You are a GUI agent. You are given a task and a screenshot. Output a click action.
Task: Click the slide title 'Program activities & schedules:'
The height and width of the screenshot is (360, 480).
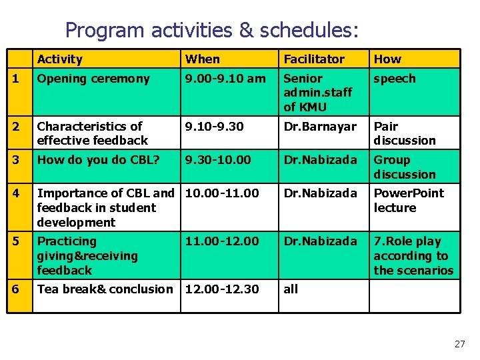tap(212, 30)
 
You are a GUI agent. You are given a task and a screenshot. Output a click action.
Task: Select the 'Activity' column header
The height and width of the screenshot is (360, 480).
tap(60, 59)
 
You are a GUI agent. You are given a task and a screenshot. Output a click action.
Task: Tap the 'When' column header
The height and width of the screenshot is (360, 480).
tap(203, 59)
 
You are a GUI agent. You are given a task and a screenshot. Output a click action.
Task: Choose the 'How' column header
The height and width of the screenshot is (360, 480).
tap(387, 59)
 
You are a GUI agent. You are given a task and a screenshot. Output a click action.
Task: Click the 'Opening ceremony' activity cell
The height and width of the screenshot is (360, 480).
tap(93, 79)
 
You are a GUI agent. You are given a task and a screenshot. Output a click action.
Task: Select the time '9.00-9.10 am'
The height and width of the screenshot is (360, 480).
tap(225, 79)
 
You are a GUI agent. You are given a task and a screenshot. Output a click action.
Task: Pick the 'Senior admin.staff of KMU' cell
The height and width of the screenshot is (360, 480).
tap(318, 93)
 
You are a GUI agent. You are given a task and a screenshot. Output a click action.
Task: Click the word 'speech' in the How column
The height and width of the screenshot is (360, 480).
tap(394, 79)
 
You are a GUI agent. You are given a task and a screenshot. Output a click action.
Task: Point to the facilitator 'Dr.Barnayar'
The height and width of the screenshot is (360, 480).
tap(320, 127)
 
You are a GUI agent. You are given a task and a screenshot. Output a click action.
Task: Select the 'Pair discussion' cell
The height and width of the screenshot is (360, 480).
tap(404, 133)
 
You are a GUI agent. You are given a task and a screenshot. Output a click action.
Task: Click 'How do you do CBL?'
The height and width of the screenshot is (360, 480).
tap(98, 160)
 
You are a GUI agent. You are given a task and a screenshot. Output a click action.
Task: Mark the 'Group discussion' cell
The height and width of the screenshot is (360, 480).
tap(404, 167)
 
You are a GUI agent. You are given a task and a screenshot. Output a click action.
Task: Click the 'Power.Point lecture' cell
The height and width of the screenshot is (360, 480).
tap(408, 201)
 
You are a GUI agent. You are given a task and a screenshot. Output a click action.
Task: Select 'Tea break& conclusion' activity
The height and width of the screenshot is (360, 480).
tap(105, 289)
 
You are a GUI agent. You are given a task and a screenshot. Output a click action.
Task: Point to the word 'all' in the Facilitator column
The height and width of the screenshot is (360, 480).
tap(291, 289)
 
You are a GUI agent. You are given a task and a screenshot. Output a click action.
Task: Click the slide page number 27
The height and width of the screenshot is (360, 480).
tap(459, 344)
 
